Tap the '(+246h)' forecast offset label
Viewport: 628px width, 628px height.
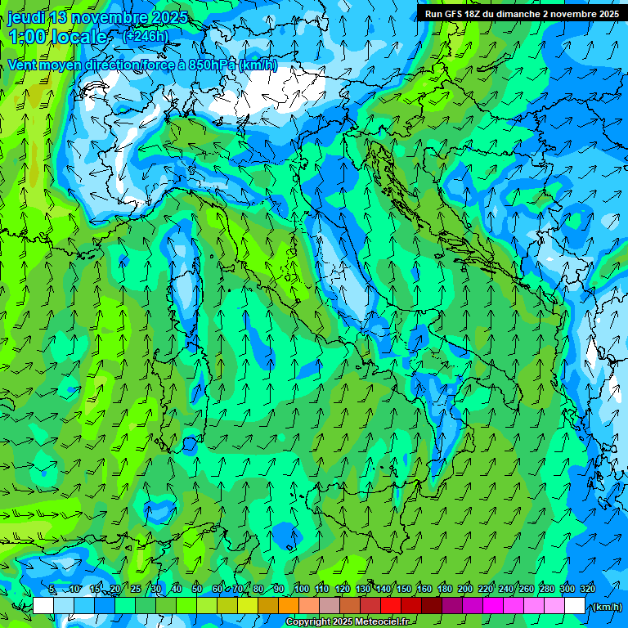pos(145,36)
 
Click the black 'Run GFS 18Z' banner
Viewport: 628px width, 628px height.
pos(521,13)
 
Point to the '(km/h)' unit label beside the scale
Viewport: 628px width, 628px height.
pos(606,607)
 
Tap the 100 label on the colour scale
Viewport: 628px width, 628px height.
pos(302,589)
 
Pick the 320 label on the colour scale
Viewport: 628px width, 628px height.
pos(588,589)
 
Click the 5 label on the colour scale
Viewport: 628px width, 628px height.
pos(52,589)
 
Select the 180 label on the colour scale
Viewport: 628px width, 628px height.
pos(444,589)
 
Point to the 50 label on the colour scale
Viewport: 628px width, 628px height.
pos(197,589)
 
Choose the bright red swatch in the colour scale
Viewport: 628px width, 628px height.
pos(391,606)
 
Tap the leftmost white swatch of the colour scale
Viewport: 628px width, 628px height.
pos(43,606)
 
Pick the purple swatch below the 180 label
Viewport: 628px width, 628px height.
pos(452,606)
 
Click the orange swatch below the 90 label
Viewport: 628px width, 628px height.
pos(288,606)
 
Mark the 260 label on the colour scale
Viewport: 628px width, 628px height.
pos(526,589)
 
